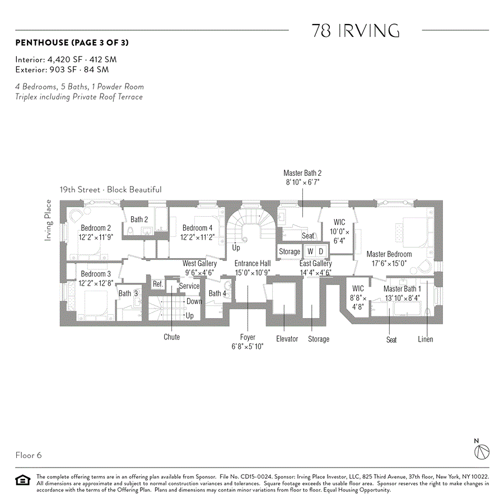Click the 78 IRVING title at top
[x=355, y=31]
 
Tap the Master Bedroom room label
[x=389, y=254]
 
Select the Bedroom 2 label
[x=96, y=228]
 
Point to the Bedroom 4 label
[x=197, y=228]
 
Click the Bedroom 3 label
[x=96, y=274]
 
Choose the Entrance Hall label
[x=252, y=263]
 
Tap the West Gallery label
[x=199, y=263]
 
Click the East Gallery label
[x=316, y=263]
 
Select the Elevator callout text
[x=287, y=339]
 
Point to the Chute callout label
[x=172, y=337]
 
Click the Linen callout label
[x=426, y=339]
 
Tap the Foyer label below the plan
[x=248, y=337]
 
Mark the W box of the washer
[x=310, y=251]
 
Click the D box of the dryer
[x=321, y=251]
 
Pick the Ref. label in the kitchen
[x=158, y=284]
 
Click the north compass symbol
[x=482, y=451]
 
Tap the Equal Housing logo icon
[x=22, y=480]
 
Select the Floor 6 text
[x=29, y=455]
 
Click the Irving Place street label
[x=48, y=221]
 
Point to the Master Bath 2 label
[x=302, y=174]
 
